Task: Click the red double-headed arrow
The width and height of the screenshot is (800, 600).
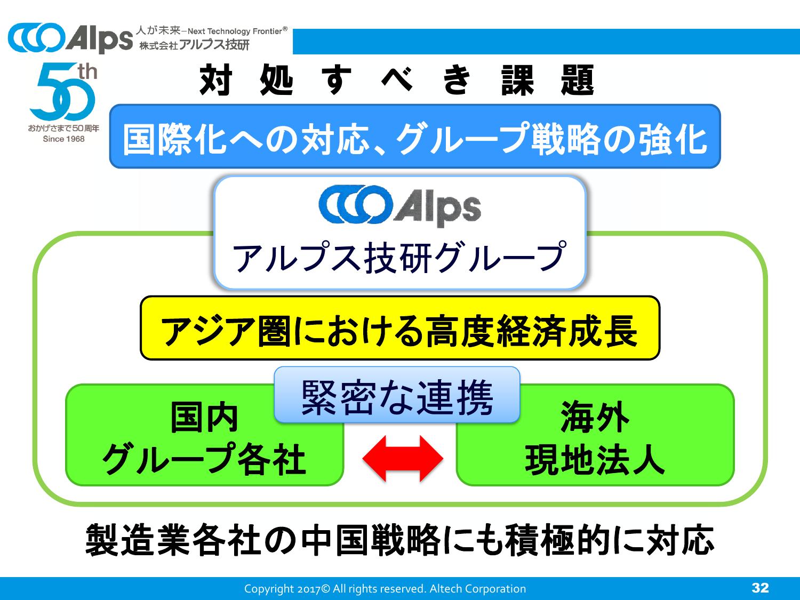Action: click(403, 458)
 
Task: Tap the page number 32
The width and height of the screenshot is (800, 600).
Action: click(761, 588)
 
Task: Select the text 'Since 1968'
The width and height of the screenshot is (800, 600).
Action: click(64, 139)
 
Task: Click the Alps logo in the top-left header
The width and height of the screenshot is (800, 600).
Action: click(70, 38)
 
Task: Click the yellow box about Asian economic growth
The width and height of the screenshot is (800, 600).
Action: click(400, 328)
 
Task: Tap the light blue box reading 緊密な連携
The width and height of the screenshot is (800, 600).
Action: click(397, 395)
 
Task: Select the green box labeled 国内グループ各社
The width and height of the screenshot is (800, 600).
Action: click(204, 435)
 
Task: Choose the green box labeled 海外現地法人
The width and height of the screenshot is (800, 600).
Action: click(595, 435)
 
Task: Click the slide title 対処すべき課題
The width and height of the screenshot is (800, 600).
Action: click(397, 80)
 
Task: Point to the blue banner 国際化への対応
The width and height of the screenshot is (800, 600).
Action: click(415, 136)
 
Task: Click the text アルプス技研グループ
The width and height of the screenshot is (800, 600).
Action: click(400, 258)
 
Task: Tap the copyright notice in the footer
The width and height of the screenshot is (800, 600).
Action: click(385, 588)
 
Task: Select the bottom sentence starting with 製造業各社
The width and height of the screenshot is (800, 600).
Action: click(400, 540)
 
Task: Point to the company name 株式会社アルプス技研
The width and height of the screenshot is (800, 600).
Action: click(194, 45)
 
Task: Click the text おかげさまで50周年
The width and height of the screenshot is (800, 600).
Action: click(64, 128)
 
